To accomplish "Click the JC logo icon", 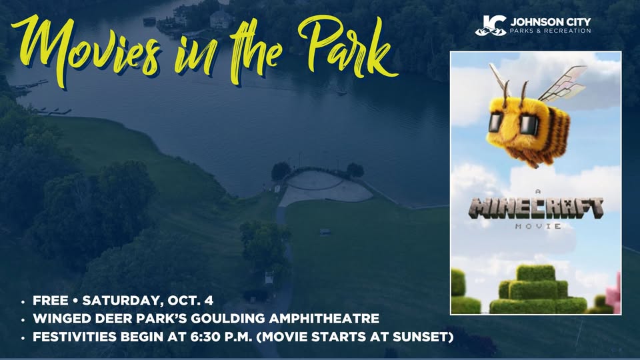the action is tap(491, 26).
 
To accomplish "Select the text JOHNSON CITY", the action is tap(550, 21).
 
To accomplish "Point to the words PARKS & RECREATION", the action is tap(550, 31).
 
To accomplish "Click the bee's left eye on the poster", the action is tap(497, 122).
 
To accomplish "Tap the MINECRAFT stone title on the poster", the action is tap(536, 209).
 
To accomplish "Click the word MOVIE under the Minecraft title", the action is tap(538, 226).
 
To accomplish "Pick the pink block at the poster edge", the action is tap(613, 293).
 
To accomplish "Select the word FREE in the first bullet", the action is tap(50, 301).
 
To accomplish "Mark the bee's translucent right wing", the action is tap(563, 84).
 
